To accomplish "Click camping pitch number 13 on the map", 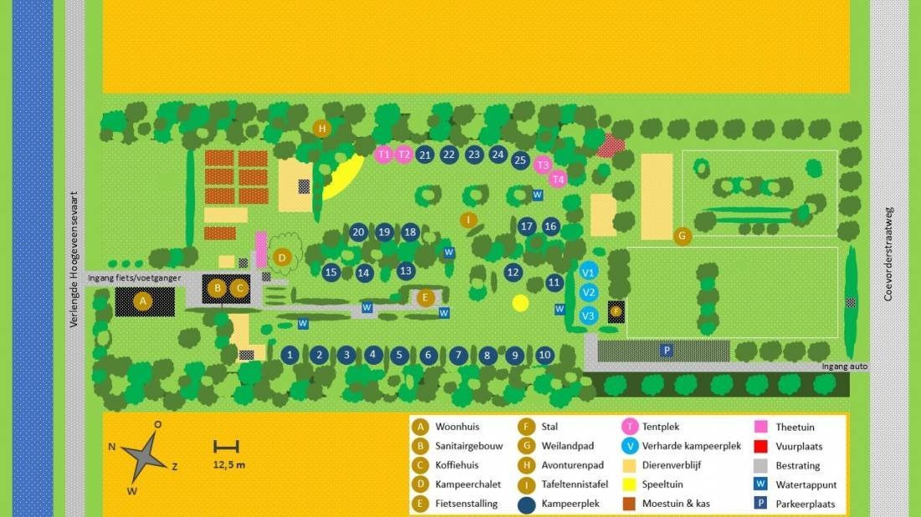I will pos(406,271).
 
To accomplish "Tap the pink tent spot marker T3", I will pos(543,166).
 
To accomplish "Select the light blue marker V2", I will pos(589,293).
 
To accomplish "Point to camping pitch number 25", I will pos(520,160).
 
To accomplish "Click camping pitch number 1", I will pos(290,355).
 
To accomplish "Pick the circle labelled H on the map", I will pos(322,128).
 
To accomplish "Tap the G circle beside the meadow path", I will pos(682,237).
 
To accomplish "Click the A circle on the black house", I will pos(143,301).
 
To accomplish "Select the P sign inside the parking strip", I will pos(666,351).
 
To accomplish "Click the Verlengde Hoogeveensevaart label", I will pos(74,258).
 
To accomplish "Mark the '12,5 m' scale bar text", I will pos(229,464).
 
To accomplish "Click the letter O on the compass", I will pos(157,425).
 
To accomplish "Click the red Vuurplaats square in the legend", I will pos(761,446).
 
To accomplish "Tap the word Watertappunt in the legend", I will pos(806,484).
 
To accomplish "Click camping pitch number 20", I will pos(358,233).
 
